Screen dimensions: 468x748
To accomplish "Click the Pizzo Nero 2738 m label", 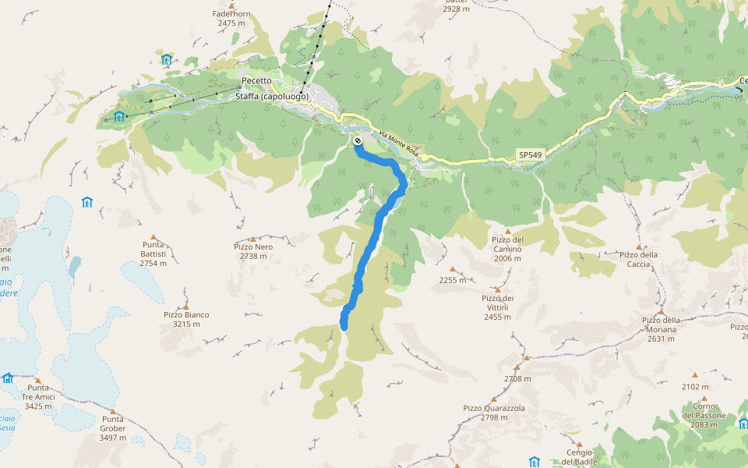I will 252,251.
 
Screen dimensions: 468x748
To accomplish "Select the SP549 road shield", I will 530,155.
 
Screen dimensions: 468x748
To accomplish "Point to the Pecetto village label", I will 256,80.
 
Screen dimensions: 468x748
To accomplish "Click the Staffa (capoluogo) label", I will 272,97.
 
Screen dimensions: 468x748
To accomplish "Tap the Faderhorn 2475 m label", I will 232,19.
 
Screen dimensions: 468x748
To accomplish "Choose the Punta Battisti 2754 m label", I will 153,258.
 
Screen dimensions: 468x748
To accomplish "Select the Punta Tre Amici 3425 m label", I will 38,397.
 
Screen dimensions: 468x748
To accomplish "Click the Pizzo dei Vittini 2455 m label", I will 497,307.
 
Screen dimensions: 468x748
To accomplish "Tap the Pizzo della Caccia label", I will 639,259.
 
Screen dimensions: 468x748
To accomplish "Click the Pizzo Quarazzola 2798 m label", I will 494,413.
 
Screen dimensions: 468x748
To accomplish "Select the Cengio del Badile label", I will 580,456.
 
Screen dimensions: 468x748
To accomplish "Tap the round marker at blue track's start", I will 357,140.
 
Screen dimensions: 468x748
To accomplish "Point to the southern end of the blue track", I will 344,327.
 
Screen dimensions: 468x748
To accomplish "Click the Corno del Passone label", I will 704,410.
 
